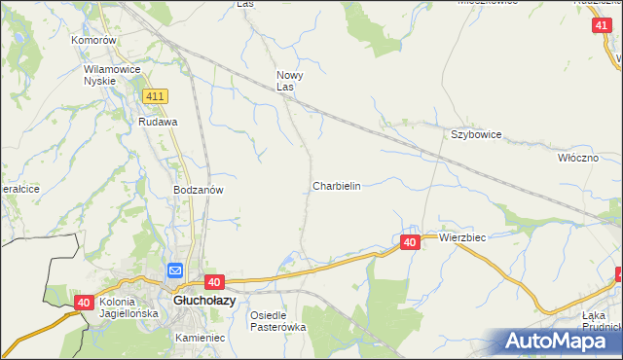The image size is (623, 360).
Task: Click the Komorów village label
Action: coord(94,41)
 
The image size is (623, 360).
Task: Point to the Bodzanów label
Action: coord(199,191)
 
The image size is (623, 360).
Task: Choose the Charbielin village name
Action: coord(337,186)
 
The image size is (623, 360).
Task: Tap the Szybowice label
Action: coord(475,135)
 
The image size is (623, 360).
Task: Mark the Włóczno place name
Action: coord(584,158)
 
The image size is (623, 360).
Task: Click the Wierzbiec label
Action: coord(462,237)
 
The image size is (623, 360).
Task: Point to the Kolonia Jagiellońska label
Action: coord(128,307)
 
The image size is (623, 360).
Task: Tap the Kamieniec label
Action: coord(201,338)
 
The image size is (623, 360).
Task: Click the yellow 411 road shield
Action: coord(155,97)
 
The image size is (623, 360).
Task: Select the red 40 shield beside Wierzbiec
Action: coord(410,242)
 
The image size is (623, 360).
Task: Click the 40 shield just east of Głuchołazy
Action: coord(215,282)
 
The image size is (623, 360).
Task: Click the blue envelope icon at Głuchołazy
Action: coord(175,271)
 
